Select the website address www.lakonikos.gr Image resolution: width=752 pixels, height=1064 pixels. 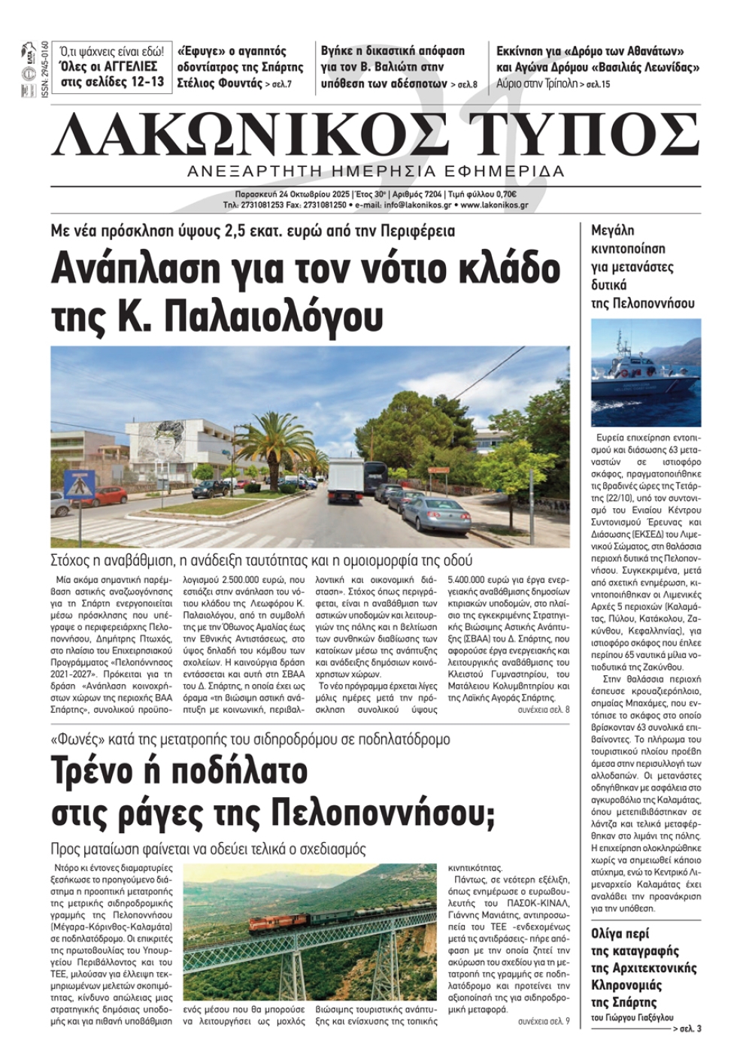(x=494, y=205)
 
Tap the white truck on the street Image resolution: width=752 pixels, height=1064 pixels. (x=347, y=480)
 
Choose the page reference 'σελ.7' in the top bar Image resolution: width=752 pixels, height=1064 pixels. (x=279, y=84)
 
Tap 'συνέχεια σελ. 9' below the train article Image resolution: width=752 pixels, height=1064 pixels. (x=544, y=1021)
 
